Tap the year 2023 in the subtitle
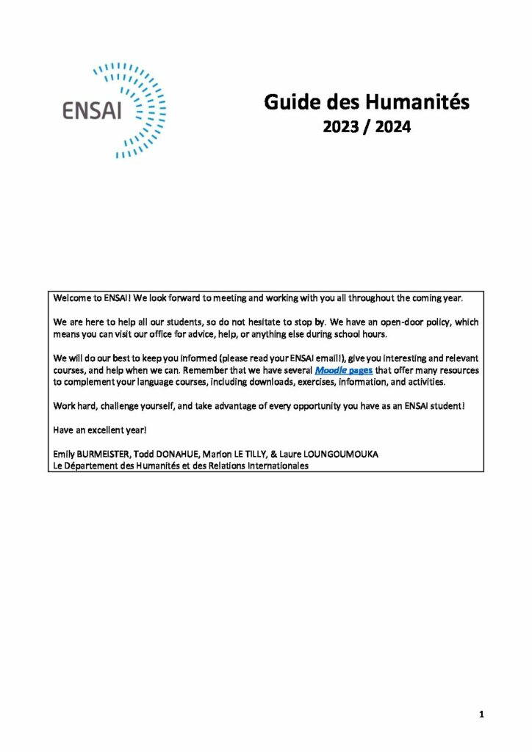[x=343, y=126]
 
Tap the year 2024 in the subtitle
[x=392, y=126]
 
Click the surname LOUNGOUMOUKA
[x=340, y=455]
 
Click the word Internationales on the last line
[x=273, y=466]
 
